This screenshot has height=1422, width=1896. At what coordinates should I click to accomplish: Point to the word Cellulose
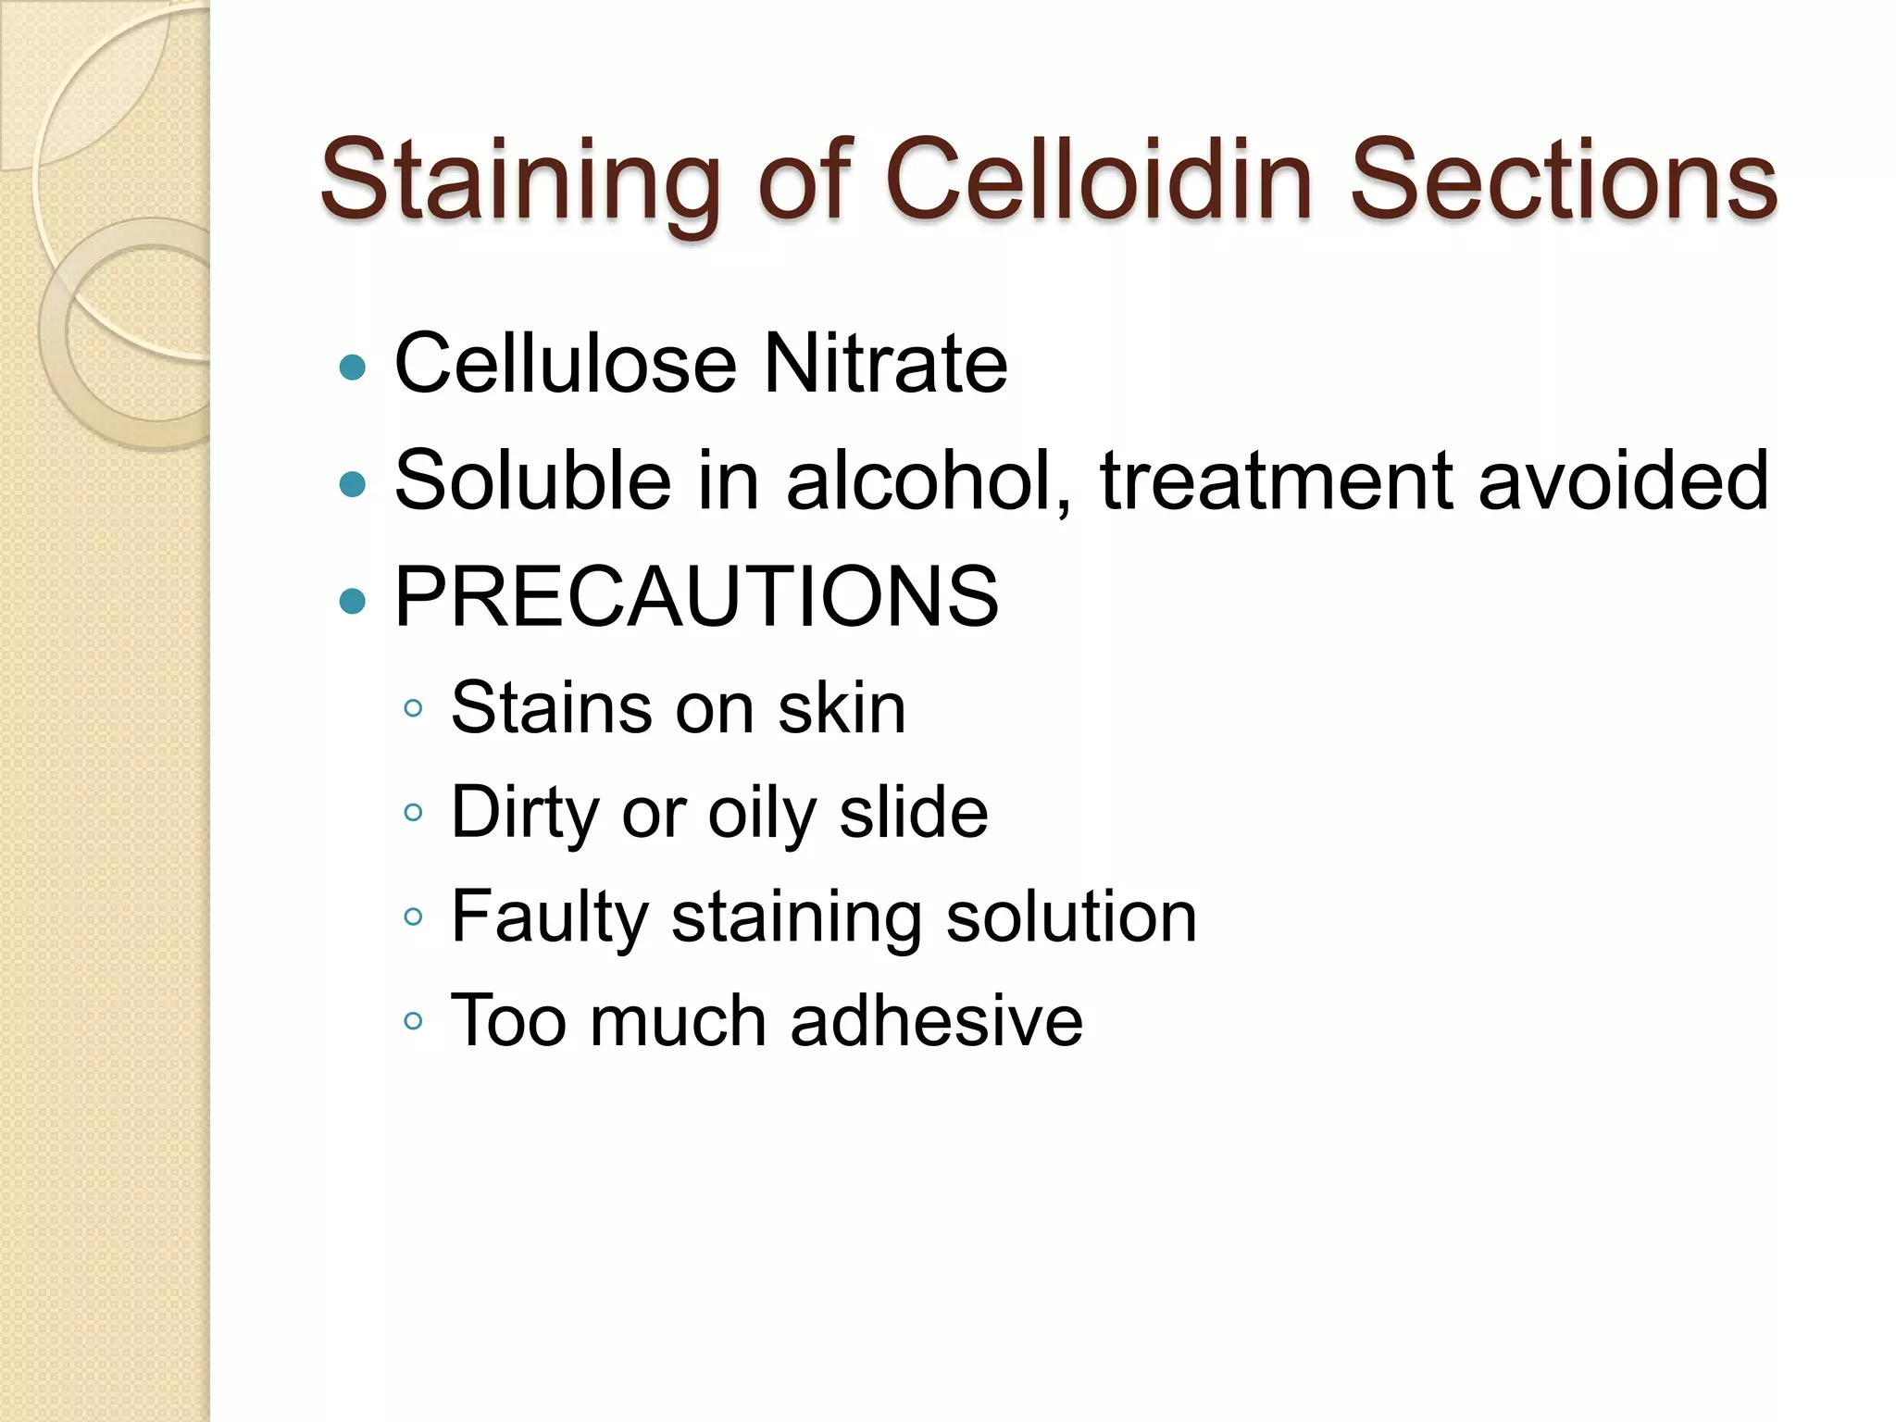pos(566,364)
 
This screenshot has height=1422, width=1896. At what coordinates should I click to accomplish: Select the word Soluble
pos(532,480)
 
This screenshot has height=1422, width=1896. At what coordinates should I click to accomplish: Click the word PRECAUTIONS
pos(696,597)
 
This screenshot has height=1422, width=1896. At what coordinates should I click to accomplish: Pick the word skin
pos(842,709)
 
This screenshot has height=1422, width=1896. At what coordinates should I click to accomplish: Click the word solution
pos(1071,917)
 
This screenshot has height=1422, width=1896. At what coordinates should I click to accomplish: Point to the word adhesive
pos(936,1021)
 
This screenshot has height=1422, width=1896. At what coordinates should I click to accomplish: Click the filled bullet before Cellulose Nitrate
pos(353,368)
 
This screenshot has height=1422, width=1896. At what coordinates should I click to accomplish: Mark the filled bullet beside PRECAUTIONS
pos(353,602)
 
